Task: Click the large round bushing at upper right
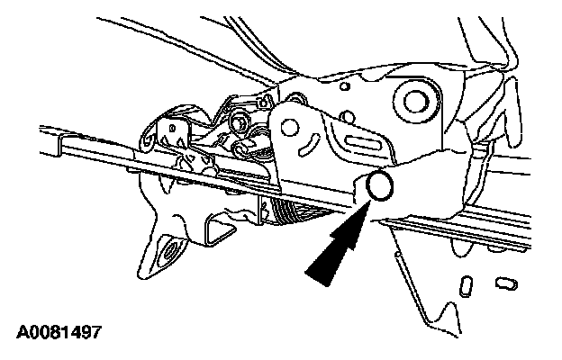click(x=417, y=99)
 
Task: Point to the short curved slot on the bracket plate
click(x=308, y=142)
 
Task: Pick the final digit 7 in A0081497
click(x=95, y=332)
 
